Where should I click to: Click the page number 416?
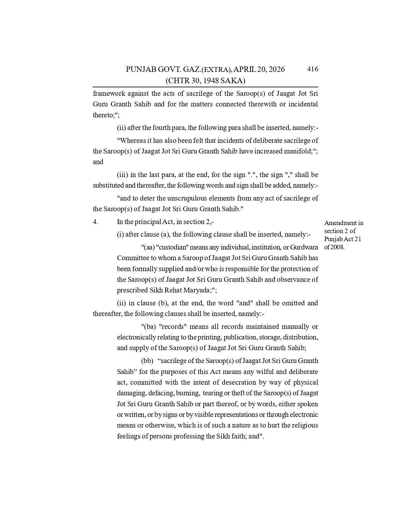tap(312, 69)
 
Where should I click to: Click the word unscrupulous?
tap(182, 198)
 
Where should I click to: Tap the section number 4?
tap(95, 222)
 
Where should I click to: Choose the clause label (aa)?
tap(147, 247)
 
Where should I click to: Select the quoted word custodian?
tap(172, 247)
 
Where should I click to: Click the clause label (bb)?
tap(147, 361)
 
